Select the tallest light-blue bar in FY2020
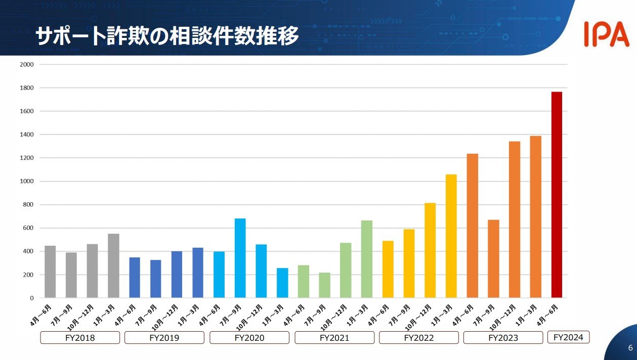pos(240,258)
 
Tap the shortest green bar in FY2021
pos(325,285)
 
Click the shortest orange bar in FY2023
pos(493,259)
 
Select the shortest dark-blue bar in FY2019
pos(156,279)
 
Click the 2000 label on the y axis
pos(27,65)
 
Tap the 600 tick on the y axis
pos(28,228)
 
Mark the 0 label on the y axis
pos(31,298)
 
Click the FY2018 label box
pos(80,338)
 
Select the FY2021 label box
pos(334,338)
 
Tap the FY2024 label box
pos(569,337)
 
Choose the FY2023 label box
pos(503,338)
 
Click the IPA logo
pos(606,34)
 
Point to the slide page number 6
pos(630,348)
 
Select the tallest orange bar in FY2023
pos(535,217)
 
